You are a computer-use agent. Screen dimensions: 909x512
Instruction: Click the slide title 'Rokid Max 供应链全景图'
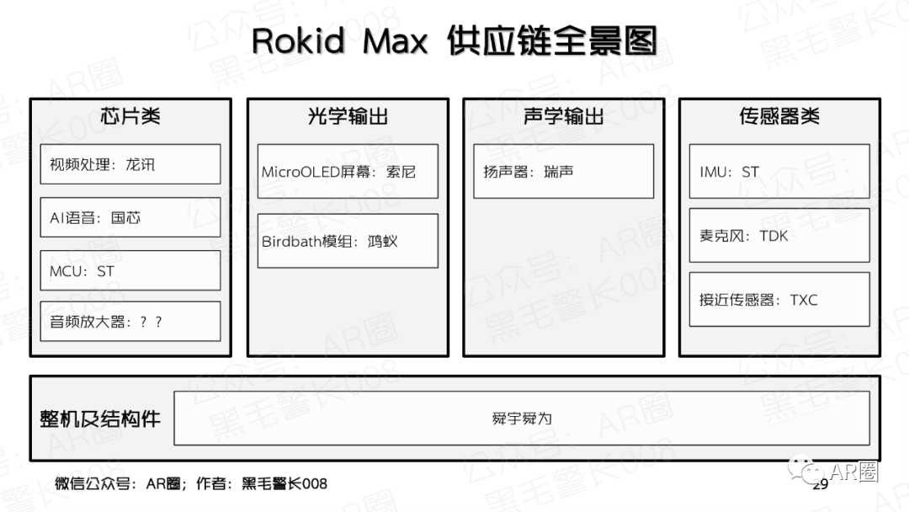[x=454, y=40]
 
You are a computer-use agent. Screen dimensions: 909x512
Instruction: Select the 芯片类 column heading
[x=130, y=116]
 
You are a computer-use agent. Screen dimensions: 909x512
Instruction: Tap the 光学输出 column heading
[x=348, y=116]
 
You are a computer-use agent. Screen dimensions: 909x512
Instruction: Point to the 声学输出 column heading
[x=563, y=116]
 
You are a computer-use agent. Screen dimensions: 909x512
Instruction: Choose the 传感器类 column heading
[x=779, y=116]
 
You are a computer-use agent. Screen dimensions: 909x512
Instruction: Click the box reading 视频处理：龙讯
[x=130, y=164]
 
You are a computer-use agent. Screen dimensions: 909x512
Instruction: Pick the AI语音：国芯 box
[x=130, y=217]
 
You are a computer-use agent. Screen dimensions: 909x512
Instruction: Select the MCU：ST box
[x=130, y=270]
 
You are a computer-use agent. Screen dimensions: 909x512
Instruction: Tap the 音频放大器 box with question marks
[x=130, y=321]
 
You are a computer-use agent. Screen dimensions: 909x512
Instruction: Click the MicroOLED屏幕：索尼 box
[x=348, y=171]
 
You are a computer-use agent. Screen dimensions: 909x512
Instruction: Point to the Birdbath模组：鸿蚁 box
[x=348, y=241]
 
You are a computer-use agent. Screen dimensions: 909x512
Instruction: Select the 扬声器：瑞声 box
[x=563, y=171]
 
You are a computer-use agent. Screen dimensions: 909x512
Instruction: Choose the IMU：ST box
[x=779, y=171]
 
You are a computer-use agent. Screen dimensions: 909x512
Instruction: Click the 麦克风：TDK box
[x=779, y=236]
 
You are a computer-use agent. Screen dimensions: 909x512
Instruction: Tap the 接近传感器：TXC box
[x=779, y=299]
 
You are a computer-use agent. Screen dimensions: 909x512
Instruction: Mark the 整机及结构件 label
[x=99, y=419]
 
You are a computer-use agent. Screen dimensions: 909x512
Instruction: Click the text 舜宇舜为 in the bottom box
[x=522, y=419]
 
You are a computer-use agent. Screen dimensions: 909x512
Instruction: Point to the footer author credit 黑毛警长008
[x=284, y=483]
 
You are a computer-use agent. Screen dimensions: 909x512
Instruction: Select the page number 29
[x=821, y=485]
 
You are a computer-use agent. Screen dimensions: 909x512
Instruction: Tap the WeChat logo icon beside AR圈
[x=805, y=469]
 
